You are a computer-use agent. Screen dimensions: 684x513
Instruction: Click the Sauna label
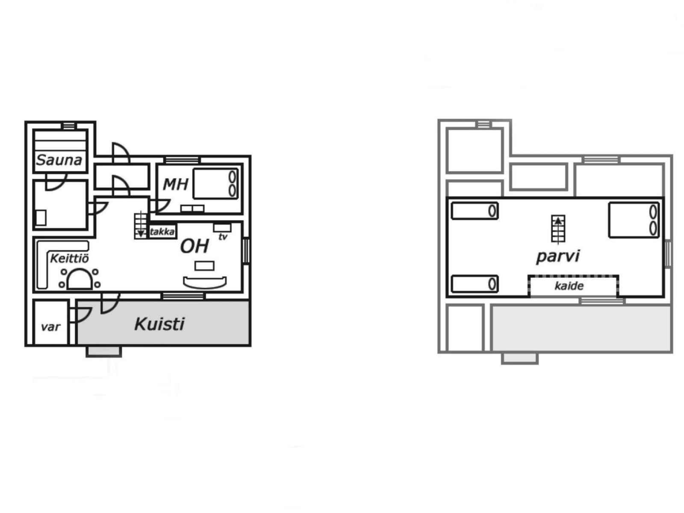coord(59,160)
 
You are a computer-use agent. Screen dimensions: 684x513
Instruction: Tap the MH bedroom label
coord(176,184)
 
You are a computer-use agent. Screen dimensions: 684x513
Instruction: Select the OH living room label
coord(195,246)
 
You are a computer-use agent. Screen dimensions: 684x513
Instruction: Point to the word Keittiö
coord(70,259)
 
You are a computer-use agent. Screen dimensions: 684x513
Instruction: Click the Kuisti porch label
coord(159,324)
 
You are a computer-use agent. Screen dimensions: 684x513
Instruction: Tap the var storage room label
coord(50,327)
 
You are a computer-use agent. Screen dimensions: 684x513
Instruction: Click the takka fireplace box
coord(162,231)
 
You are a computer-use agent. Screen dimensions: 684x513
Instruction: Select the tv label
coord(223,237)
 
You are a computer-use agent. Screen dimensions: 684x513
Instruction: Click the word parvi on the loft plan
coord(558,256)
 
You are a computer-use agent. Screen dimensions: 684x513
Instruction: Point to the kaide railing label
coord(569,286)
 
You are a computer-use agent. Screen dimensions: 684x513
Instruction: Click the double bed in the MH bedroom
coord(215,183)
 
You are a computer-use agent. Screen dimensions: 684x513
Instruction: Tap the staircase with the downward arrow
coord(141,225)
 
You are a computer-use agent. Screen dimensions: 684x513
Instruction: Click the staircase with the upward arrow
coord(558,229)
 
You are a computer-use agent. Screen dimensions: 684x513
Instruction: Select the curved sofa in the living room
coord(205,283)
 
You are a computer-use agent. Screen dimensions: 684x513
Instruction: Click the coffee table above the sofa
coord(204,265)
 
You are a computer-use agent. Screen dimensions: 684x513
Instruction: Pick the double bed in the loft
coord(634,220)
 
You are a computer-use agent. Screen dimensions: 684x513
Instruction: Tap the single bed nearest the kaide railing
coord(475,284)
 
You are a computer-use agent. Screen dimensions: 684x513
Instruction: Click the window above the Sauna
coord(69,126)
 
